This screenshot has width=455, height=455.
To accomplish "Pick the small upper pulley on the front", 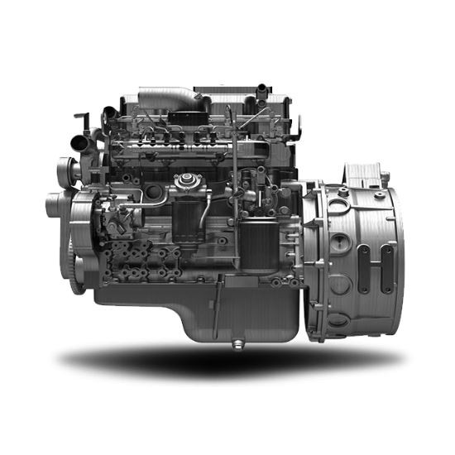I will [67, 172].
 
